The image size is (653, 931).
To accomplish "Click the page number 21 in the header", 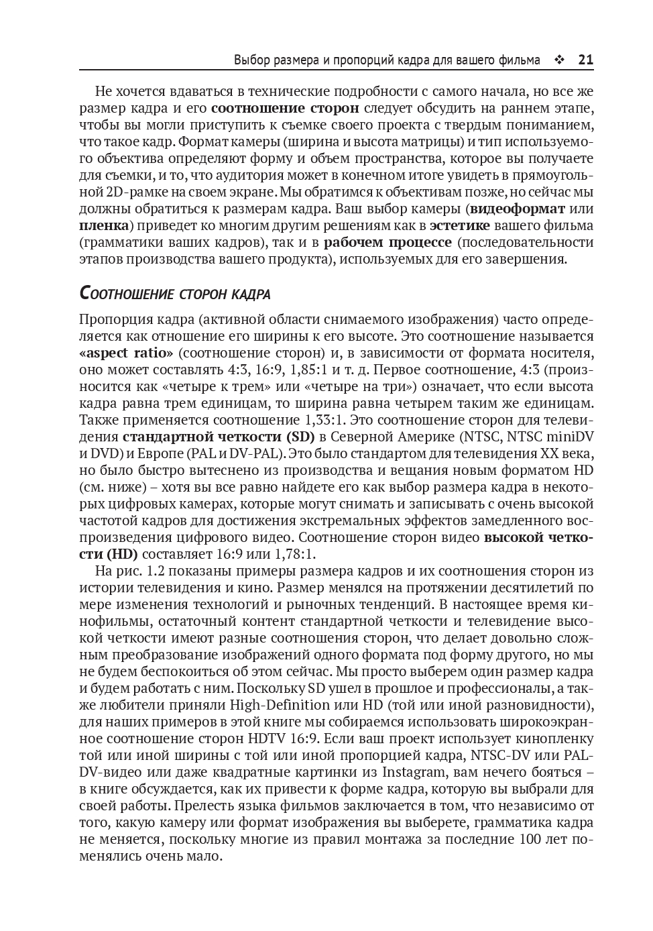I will pyautogui.click(x=585, y=60).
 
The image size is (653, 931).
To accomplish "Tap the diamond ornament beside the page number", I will pyautogui.click(x=558, y=60).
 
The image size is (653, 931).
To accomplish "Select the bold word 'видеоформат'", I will pyautogui.click(x=517, y=209).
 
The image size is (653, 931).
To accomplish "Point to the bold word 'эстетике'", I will pyautogui.click(x=460, y=225).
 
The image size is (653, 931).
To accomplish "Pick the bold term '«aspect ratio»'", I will pyautogui.click(x=126, y=353).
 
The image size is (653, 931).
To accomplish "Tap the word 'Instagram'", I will pyautogui.click(x=417, y=772).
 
